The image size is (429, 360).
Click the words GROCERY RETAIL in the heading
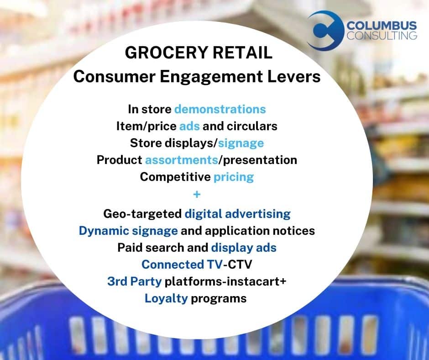tap(199, 53)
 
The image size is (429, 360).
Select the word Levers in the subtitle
tap(294, 76)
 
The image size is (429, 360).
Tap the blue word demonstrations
tap(220, 109)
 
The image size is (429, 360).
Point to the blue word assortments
tap(182, 160)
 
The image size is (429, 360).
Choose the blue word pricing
tap(234, 177)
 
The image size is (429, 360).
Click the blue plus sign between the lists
tap(197, 195)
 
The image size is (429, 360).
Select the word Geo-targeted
tap(142, 214)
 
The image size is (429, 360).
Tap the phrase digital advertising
tap(237, 214)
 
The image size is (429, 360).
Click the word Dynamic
tap(104, 231)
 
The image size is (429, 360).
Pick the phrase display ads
tap(244, 248)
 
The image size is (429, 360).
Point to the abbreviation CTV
tap(240, 265)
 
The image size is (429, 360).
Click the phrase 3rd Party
tap(135, 281)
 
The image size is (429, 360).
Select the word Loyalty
tap(166, 299)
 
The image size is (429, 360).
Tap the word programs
tap(219, 299)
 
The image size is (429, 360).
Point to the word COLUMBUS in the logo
tap(382, 26)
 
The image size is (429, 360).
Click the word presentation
tap(260, 160)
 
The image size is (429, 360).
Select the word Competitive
tap(175, 177)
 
